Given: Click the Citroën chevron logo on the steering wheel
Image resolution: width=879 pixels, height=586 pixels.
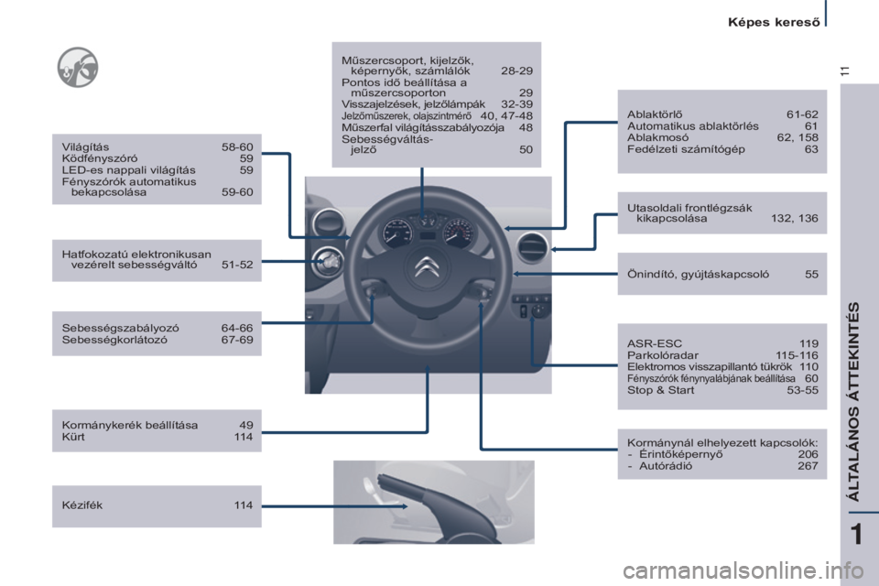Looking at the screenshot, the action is coord(428,268).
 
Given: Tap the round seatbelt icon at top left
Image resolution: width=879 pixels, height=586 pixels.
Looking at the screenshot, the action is coord(78,67).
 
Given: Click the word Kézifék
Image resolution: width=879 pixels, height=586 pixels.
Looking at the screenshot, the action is coord(82,505).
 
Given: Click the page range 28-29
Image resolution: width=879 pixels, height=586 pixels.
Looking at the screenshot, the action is coord(516,71).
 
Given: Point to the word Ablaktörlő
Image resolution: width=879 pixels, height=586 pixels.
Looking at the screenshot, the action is coord(655,114).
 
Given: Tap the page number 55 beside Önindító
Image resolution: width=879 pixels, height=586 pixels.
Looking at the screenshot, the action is coord(812,274).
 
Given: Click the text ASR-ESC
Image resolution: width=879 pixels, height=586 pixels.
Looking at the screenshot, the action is coord(655,343).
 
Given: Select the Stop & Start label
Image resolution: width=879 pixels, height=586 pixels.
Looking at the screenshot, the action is coord(660,390).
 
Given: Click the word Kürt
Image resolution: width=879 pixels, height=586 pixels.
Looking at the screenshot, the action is coord(73,437).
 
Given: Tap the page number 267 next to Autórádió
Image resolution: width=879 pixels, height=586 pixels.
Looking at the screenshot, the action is coord(808,466).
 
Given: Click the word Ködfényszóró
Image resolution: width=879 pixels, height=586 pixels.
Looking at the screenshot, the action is coord(100,158).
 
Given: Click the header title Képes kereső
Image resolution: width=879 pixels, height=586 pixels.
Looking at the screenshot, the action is coord(774,22).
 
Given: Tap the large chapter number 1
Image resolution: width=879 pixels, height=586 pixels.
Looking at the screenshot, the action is coord(857,534).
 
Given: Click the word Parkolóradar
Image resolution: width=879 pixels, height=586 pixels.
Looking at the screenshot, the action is coord(663,355).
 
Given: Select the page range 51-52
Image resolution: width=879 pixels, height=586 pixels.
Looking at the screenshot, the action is coord(237,265).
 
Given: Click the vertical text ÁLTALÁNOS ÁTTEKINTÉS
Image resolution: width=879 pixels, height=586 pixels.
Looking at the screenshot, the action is coord(853,402).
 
